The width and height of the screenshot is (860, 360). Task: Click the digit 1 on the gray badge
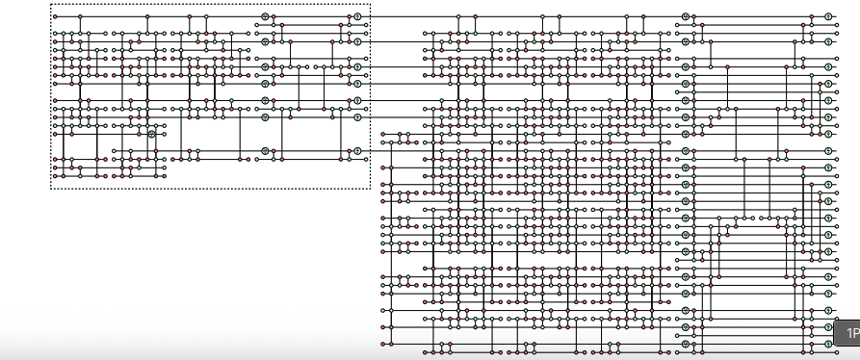coord(848,333)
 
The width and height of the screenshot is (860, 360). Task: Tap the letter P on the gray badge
coord(855,333)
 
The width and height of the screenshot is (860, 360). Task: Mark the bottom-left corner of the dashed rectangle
coord(51,190)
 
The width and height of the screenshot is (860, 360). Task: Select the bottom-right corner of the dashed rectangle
coord(370,190)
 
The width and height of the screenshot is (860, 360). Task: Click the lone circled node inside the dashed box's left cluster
coord(151,134)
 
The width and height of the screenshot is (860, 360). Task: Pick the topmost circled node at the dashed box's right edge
coord(356,17)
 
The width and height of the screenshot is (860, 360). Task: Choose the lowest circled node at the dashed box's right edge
coord(356,151)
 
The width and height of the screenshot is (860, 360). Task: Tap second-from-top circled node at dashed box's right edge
coord(356,42)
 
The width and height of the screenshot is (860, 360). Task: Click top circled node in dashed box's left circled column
coord(265,17)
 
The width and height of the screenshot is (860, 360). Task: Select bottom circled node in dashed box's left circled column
coord(265,151)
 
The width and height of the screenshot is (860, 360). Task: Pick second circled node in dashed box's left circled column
coord(265,42)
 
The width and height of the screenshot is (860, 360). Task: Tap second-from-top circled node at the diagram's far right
coord(827,41)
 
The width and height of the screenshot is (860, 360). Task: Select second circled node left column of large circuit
coord(686,41)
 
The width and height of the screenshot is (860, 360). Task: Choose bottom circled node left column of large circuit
coord(686,343)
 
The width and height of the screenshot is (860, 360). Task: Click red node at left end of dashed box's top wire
coord(55,17)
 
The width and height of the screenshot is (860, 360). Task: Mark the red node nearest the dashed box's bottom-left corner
coord(55,176)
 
